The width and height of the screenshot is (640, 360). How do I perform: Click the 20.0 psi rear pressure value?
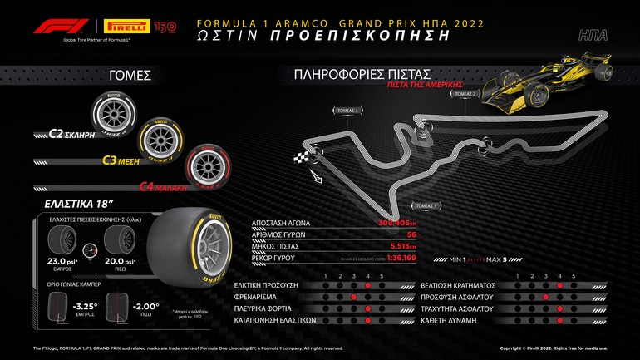pyautogui.click(x=116, y=260)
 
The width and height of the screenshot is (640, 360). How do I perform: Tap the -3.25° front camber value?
pyautogui.click(x=84, y=305)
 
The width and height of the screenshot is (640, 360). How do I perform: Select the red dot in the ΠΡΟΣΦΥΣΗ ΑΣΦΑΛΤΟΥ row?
pyautogui.click(x=545, y=297)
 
